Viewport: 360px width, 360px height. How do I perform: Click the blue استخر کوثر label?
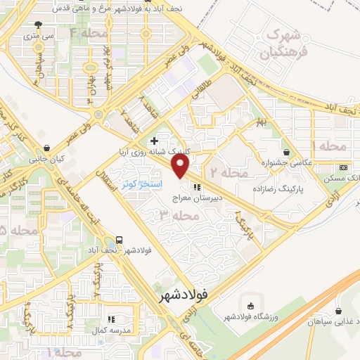143,184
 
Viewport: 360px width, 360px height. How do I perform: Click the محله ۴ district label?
84,33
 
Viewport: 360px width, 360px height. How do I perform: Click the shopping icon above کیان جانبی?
47,148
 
